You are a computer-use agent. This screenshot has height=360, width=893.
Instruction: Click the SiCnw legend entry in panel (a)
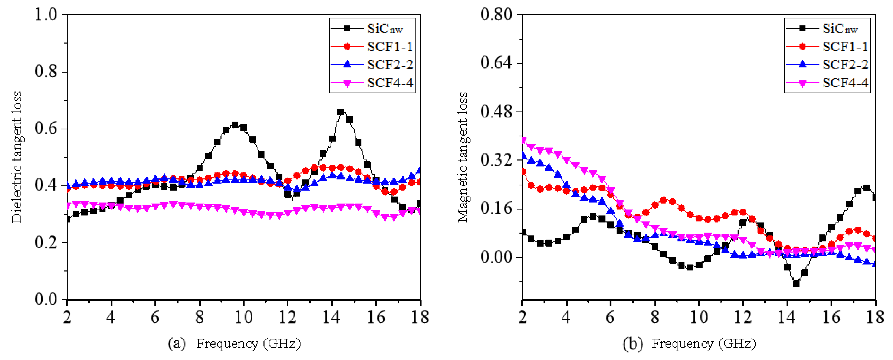(385, 28)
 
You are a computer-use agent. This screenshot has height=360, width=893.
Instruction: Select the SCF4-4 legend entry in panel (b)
(845, 83)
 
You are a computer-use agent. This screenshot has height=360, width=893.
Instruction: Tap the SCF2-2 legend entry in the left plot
(390, 65)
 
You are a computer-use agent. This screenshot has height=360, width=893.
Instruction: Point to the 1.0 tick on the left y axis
(46, 15)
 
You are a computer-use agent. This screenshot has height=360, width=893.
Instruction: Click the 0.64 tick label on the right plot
(496, 63)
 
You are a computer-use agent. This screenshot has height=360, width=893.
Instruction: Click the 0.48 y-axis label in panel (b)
(496, 112)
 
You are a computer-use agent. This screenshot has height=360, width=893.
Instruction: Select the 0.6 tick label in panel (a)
(46, 128)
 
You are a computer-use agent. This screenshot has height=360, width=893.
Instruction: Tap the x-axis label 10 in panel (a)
(243, 317)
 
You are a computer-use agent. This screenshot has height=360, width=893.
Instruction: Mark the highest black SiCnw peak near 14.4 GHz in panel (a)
(341, 112)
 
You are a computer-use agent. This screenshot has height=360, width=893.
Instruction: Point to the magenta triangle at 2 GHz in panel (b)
(523, 140)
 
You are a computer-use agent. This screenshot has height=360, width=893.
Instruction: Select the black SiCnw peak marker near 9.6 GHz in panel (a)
(235, 125)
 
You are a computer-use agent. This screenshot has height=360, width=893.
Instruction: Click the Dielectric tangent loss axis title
(17, 157)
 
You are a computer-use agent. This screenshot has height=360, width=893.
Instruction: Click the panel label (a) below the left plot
(176, 344)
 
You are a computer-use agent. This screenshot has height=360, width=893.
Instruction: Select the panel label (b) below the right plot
(632, 344)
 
